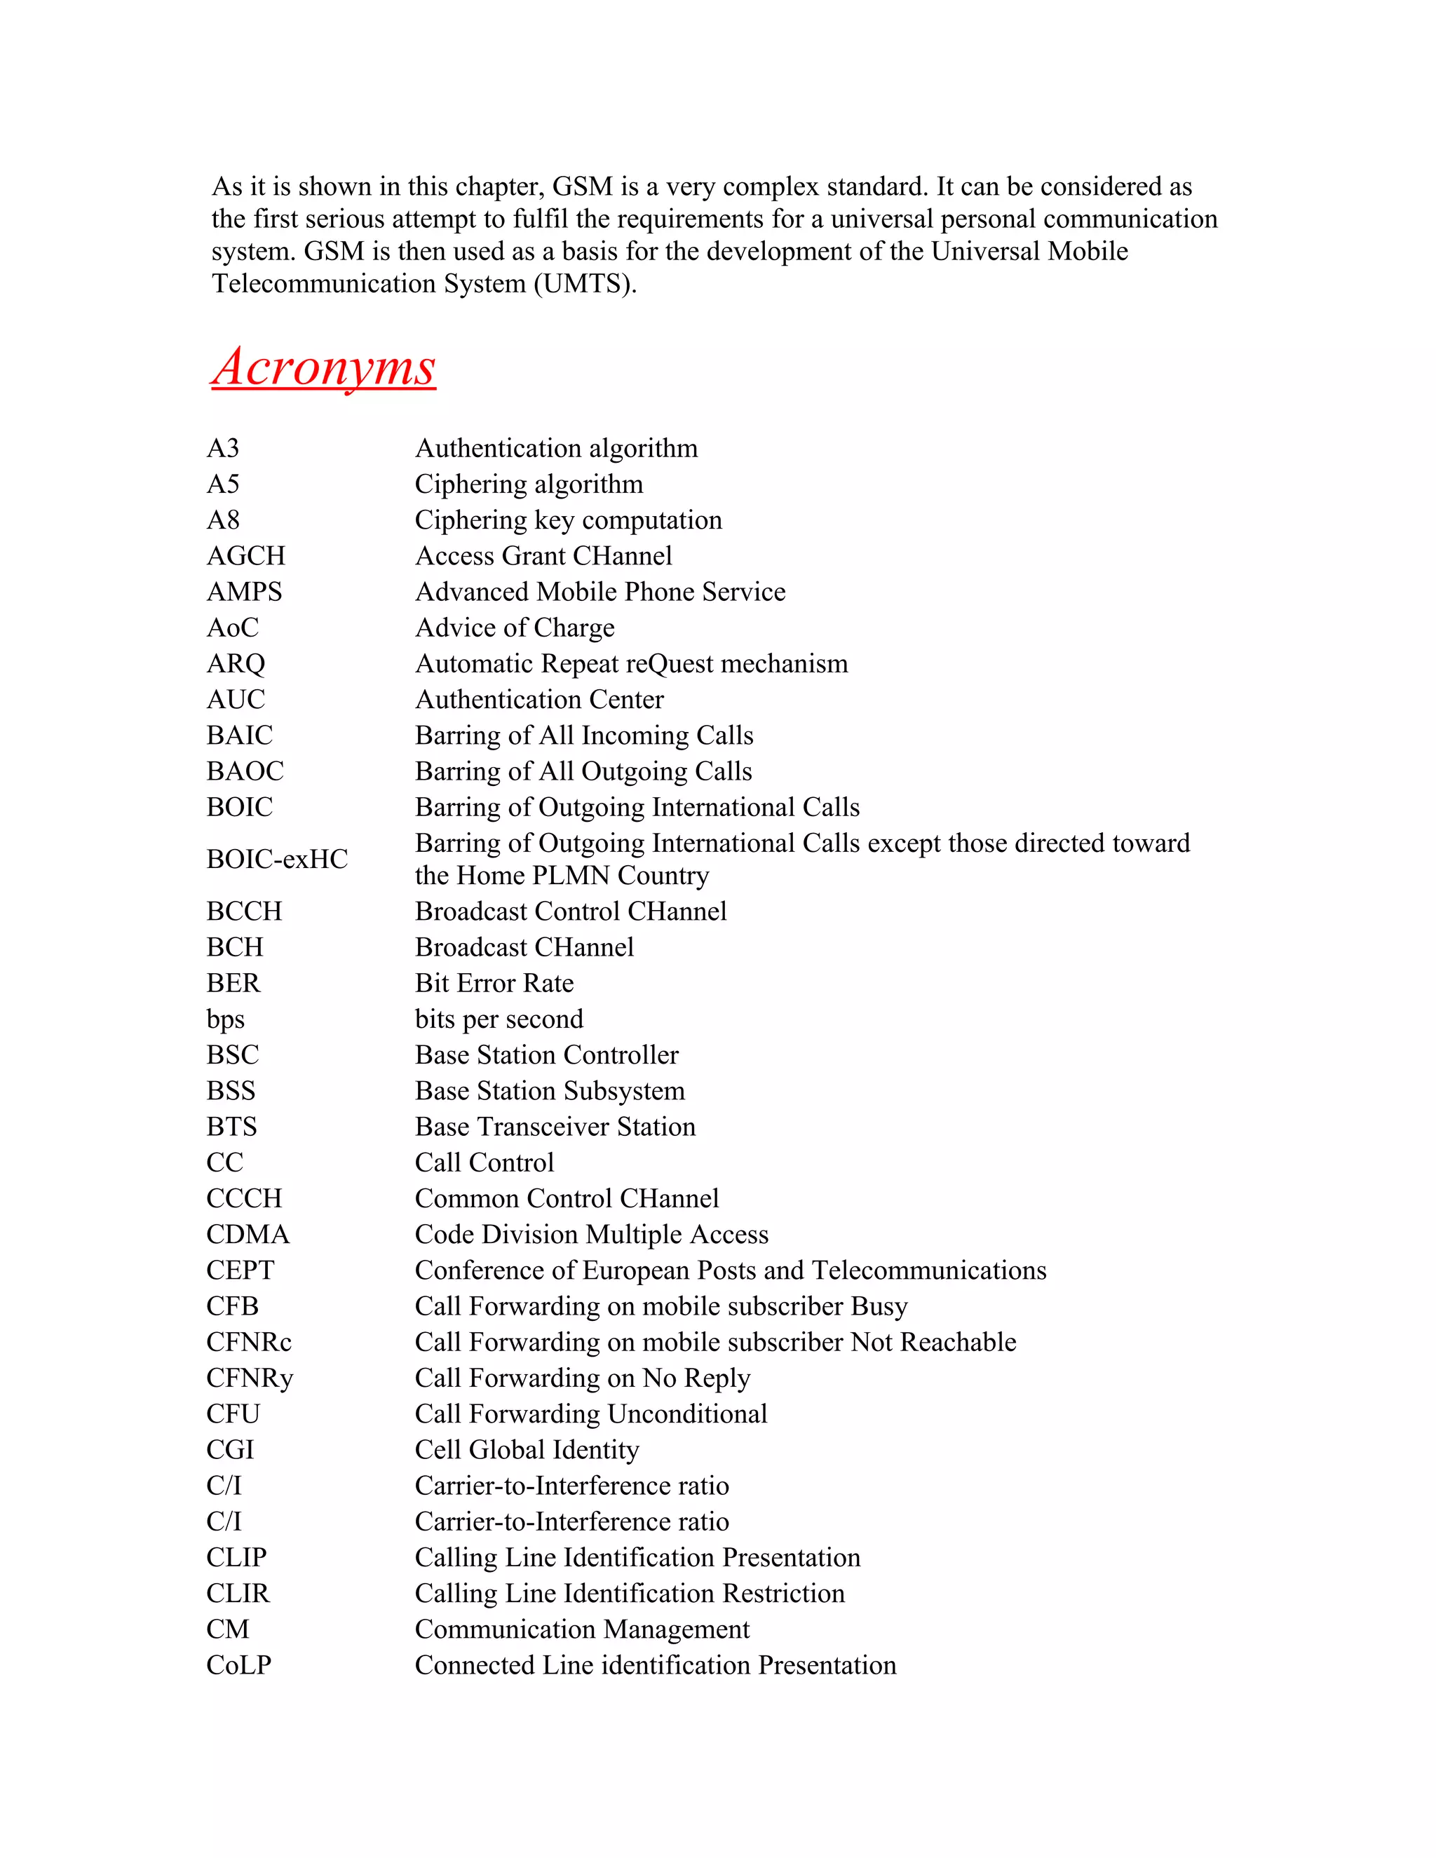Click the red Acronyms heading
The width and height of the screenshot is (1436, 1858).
(x=323, y=367)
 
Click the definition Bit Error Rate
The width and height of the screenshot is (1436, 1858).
(x=494, y=984)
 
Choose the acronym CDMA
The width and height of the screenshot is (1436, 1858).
(x=248, y=1235)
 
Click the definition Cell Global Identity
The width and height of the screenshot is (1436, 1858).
(x=527, y=1450)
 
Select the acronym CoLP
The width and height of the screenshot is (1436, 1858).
(x=238, y=1665)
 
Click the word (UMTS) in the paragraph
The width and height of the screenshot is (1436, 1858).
(x=585, y=283)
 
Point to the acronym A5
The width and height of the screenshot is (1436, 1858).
(x=223, y=484)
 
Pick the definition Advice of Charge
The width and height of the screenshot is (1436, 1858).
(x=514, y=628)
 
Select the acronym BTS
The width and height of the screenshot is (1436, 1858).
(x=231, y=1127)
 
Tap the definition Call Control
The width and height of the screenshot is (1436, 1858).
(x=484, y=1163)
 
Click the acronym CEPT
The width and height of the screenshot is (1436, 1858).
(x=240, y=1270)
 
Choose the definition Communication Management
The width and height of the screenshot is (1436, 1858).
(x=582, y=1629)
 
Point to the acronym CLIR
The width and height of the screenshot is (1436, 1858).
(x=238, y=1594)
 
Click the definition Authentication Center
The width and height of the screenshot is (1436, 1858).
(x=538, y=699)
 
